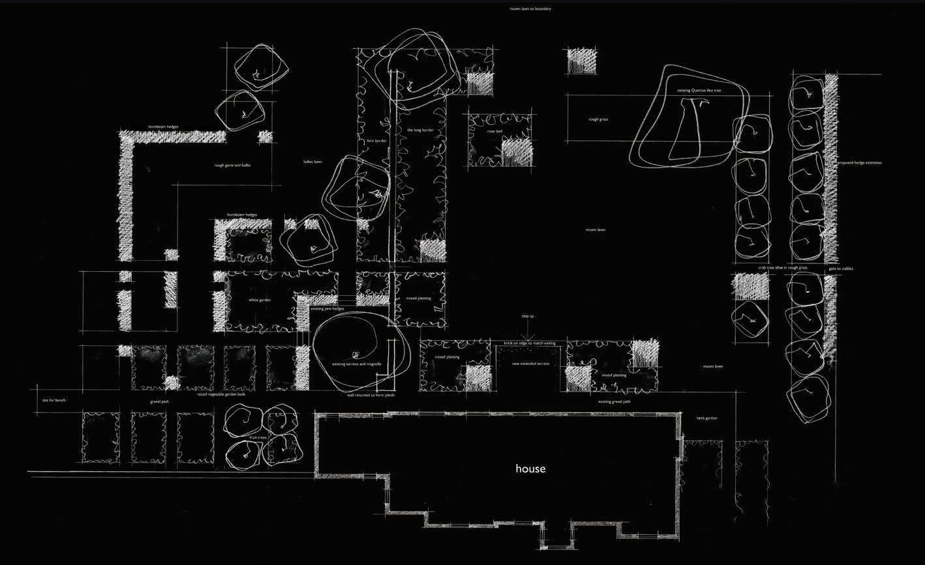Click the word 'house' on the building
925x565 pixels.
530,469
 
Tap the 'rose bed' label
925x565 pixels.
494,131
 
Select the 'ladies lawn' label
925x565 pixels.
312,162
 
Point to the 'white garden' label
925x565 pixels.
260,300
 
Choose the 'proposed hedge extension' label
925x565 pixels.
859,163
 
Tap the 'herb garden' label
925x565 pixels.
706,418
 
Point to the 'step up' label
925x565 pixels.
527,317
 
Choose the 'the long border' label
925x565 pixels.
419,130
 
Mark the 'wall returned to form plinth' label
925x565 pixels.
371,395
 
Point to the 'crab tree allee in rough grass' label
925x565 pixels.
782,268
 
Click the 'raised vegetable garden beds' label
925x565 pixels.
221,394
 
